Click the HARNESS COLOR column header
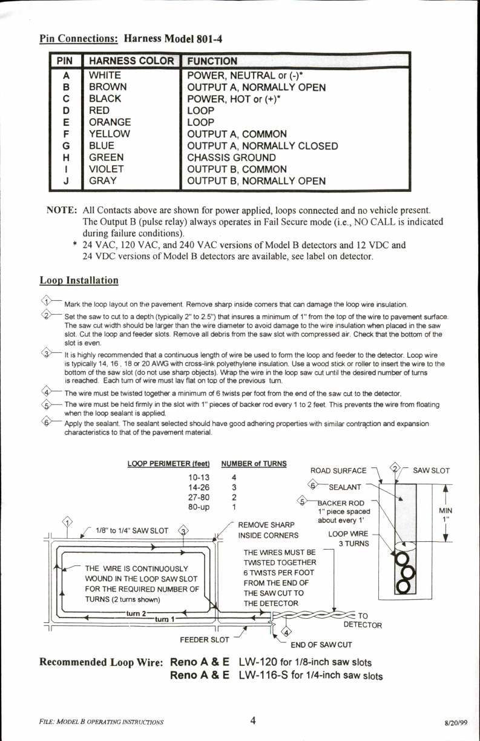click(131, 61)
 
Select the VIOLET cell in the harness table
click(106, 169)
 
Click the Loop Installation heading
click(79, 280)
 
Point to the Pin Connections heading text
click(79, 39)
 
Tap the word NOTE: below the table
click(61, 210)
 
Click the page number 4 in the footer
click(253, 720)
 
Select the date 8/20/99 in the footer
click(457, 722)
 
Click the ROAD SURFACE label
click(338, 470)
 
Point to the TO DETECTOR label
click(363, 621)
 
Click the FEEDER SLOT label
click(205, 639)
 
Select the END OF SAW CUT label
click(321, 644)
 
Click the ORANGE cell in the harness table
click(110, 122)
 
